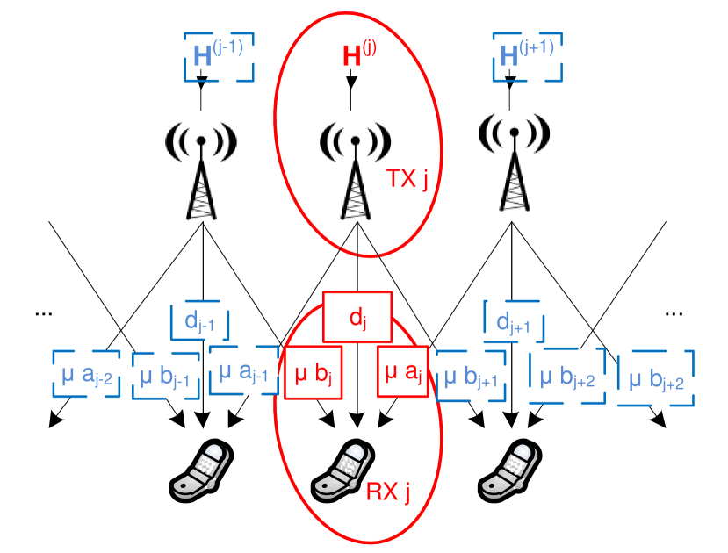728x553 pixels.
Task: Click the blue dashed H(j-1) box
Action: [219, 56]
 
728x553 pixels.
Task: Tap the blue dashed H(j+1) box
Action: [527, 55]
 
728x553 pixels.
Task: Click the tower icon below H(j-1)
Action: [201, 169]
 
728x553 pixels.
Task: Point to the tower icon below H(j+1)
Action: [515, 162]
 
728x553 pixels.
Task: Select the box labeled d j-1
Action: [205, 322]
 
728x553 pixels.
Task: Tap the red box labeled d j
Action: [357, 317]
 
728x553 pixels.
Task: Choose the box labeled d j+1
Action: [514, 322]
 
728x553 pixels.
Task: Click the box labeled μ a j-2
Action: [86, 375]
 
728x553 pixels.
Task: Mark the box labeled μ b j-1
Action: [166, 377]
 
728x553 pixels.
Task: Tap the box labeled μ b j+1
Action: [472, 376]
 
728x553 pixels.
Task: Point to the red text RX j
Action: [388, 492]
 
